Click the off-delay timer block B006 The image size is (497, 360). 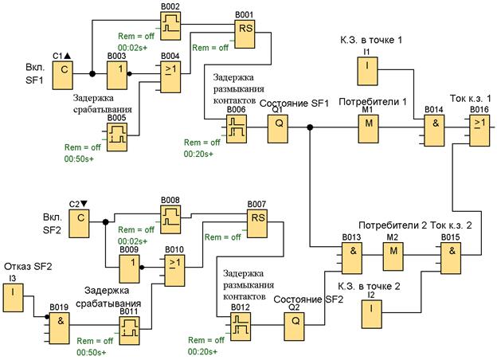point(237,127)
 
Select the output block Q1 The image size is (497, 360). point(279,127)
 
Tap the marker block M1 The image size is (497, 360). point(367,127)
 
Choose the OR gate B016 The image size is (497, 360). point(480,127)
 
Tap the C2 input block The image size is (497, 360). point(80,227)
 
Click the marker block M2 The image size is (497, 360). point(393,256)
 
